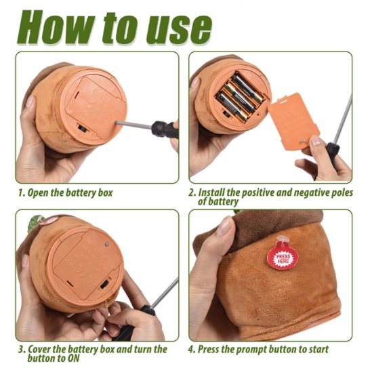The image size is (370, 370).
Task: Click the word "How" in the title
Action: tap(56, 27)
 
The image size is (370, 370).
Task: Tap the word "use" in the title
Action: tap(178, 30)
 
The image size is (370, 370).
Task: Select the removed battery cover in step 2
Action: tap(295, 121)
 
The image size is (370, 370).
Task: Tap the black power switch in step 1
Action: tap(83, 129)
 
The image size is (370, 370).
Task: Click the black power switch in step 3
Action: tap(106, 284)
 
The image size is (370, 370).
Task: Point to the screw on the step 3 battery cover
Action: tap(106, 244)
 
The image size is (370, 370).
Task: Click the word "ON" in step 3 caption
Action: tap(73, 358)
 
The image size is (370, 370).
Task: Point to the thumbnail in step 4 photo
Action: tap(225, 226)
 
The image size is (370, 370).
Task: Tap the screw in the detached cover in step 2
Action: tap(302, 141)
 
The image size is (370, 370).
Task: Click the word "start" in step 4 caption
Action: tap(318, 350)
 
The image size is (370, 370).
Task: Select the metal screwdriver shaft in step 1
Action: tap(133, 125)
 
